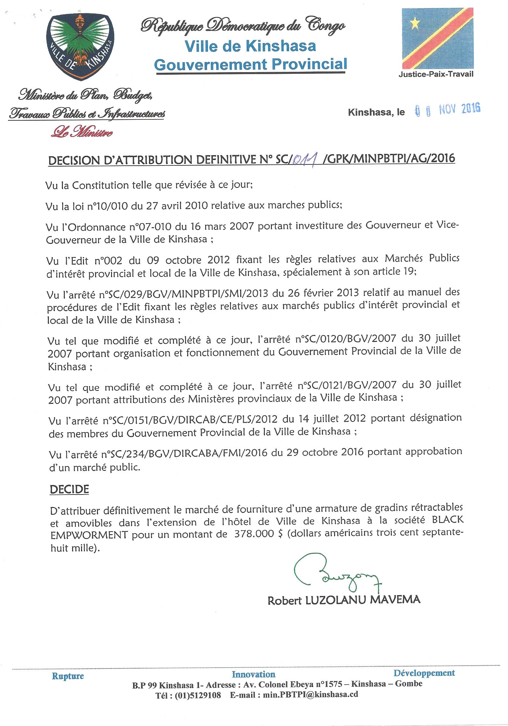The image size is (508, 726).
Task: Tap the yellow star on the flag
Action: click(x=415, y=23)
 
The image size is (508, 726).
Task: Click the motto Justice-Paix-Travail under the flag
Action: click(x=436, y=74)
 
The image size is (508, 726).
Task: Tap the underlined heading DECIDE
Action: click(x=69, y=489)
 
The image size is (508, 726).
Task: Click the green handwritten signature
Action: click(x=335, y=577)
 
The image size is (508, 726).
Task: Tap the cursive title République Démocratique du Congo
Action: click(x=243, y=27)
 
